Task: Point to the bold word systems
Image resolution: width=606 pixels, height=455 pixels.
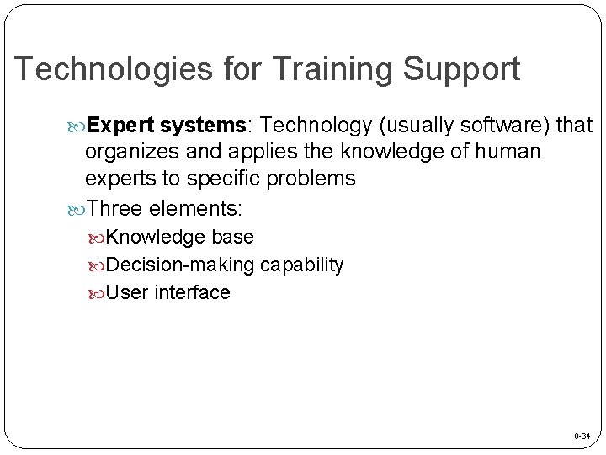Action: tap(203, 126)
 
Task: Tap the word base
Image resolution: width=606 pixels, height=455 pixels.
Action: tap(233, 238)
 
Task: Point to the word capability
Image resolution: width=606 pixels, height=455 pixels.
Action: tap(301, 265)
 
